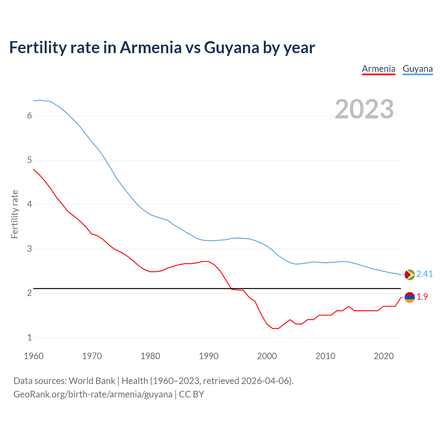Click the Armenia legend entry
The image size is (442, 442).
tap(378, 69)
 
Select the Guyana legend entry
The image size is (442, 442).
tap(417, 69)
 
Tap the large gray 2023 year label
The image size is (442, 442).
tap(364, 109)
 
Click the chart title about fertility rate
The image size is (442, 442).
tap(162, 47)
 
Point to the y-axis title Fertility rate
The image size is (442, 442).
tap(15, 214)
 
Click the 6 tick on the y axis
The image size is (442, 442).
tap(29, 116)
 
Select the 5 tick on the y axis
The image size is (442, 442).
tap(29, 160)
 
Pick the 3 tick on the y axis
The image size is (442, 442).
tap(29, 249)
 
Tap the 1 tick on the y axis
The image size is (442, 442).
tap(29, 337)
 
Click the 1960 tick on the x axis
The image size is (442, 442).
tap(33, 356)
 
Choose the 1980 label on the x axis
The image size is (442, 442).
tap(150, 356)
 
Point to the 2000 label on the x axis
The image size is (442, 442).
tap(267, 356)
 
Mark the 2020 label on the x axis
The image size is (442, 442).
tap(384, 356)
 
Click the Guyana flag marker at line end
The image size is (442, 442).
tap(410, 275)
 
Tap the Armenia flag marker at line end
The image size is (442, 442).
tap(410, 297)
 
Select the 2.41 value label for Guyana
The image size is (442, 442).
tap(424, 274)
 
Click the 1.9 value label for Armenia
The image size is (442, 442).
tap(422, 297)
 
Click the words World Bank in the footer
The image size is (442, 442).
tap(92, 381)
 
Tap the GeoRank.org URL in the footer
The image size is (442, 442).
tap(93, 394)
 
